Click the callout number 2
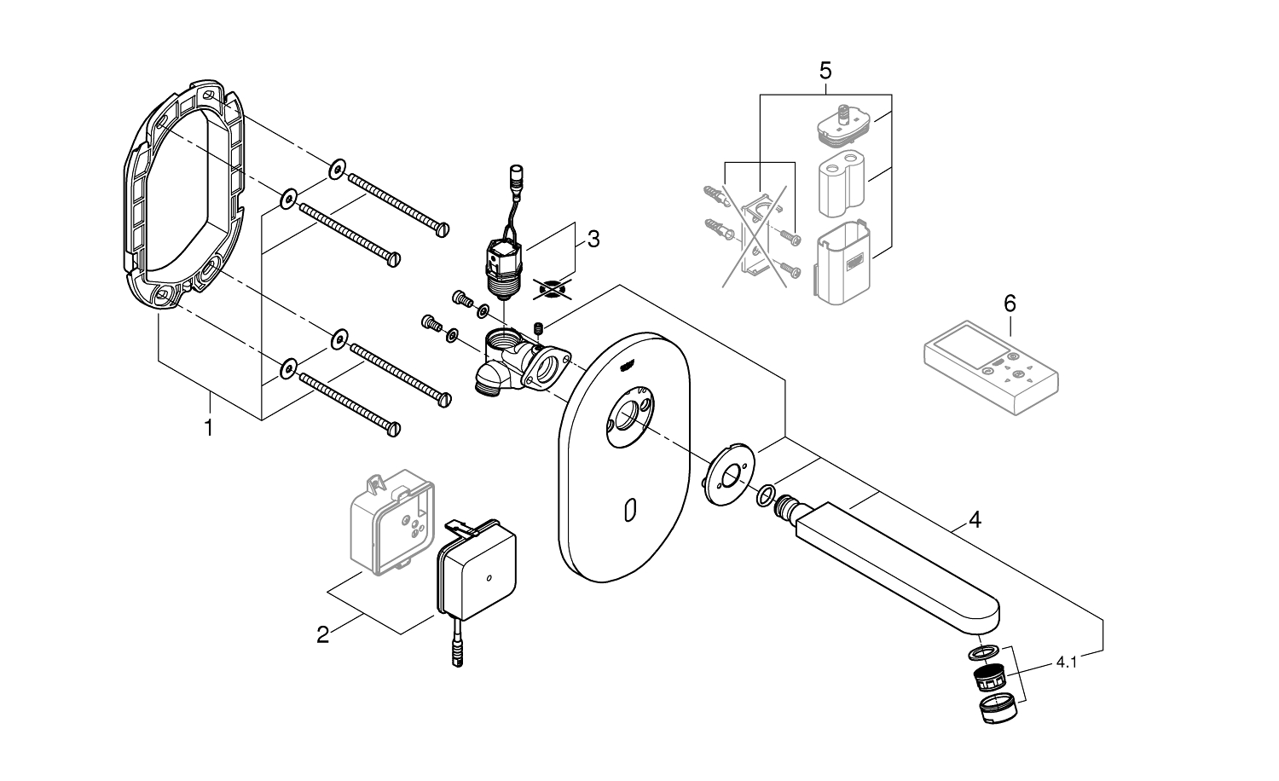(322, 634)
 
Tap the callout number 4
(975, 518)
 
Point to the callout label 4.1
(1066, 661)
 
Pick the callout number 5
(825, 70)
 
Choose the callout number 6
(1010, 303)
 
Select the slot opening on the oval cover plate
(630, 511)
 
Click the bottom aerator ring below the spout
(991, 709)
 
